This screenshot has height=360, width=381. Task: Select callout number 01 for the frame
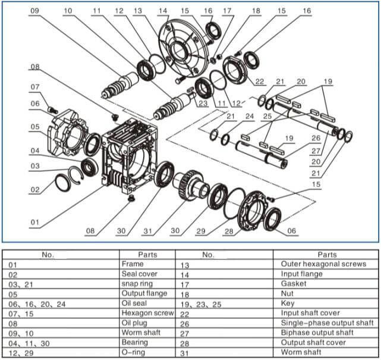coord(34,223)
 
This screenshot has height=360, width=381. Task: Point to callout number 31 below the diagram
coord(147,231)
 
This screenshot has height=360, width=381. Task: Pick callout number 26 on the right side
coord(316,137)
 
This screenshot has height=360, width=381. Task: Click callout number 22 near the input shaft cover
coord(260,81)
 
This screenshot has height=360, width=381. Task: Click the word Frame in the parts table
coord(132,263)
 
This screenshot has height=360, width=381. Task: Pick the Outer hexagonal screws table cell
coord(323,264)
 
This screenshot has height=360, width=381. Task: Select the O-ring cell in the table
coord(133,353)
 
